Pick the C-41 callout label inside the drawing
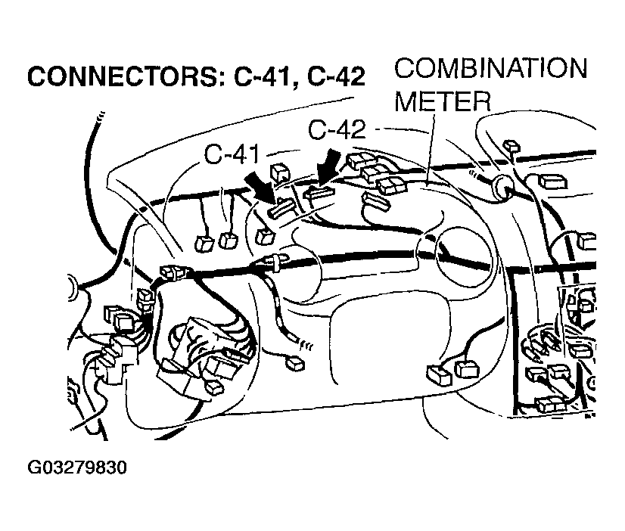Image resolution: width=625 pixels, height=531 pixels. (232, 154)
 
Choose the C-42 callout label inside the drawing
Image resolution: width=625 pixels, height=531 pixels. (337, 129)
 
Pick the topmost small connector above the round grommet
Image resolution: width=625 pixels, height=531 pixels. (509, 143)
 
